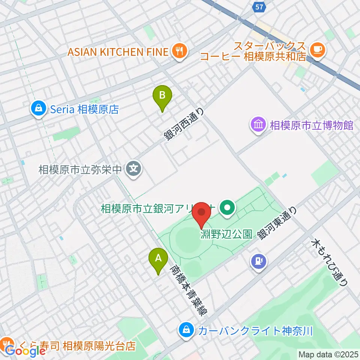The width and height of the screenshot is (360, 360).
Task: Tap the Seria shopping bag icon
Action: point(38,109)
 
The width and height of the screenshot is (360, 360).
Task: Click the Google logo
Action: point(25,351)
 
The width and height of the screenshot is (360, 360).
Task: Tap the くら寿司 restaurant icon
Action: point(5,343)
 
